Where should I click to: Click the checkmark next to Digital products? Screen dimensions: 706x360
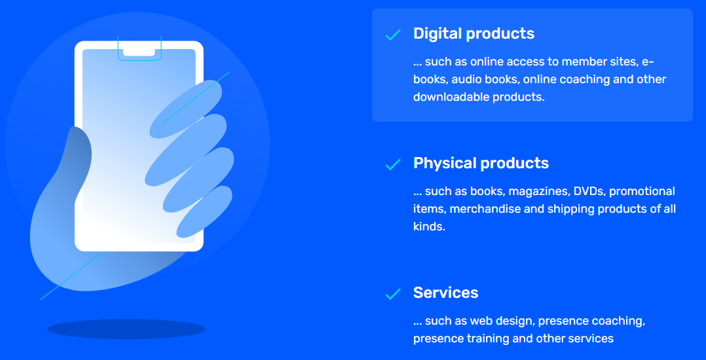pos(393,35)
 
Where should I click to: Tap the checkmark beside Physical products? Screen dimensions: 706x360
pos(393,164)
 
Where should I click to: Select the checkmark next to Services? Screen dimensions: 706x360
pos(393,294)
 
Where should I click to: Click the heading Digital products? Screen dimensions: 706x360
pos(474,33)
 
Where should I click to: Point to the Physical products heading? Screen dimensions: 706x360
pos(481,163)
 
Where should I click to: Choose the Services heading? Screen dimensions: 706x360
pos(446,293)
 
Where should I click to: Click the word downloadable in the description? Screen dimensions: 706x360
pos(451,97)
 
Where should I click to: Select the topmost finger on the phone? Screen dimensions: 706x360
pos(185,109)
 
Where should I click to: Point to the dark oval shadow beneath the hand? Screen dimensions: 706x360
pos(126,329)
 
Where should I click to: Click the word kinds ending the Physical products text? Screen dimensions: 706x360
pos(429,226)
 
